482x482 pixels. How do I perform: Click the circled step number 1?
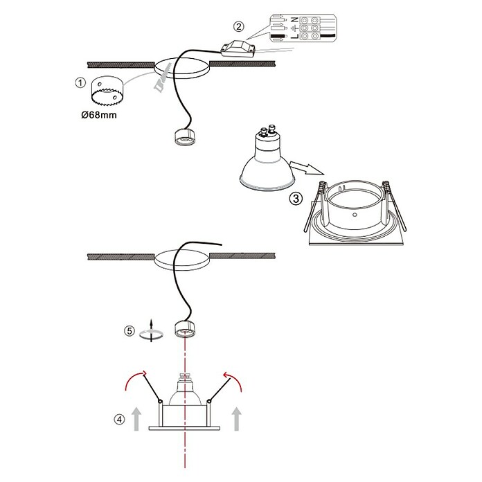pyautogui.click(x=80, y=82)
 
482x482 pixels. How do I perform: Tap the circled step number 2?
pyautogui.click(x=238, y=26)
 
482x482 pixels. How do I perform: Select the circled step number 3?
pyautogui.click(x=296, y=199)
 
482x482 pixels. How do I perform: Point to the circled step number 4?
pyautogui.click(x=120, y=419)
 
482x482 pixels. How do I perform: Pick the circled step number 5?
pyautogui.click(x=130, y=331)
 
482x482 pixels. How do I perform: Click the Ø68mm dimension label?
pyautogui.click(x=99, y=115)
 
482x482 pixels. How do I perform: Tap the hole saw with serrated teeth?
pyautogui.click(x=107, y=91)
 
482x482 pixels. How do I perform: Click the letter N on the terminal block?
pyautogui.click(x=294, y=19)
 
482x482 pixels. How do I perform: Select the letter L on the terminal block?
pyautogui.click(x=294, y=37)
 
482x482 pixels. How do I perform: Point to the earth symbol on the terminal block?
pyautogui.click(x=294, y=28)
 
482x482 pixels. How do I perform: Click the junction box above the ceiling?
pyautogui.click(x=238, y=48)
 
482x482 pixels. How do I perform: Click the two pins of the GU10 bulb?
pyautogui.click(x=267, y=130)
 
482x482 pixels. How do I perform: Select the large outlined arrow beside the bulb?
pyautogui.click(x=307, y=168)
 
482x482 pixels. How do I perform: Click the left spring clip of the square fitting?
pyautogui.click(x=314, y=206)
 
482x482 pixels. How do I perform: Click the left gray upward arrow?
pyautogui.click(x=136, y=418)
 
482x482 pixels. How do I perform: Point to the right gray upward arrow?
pyautogui.click(x=236, y=418)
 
